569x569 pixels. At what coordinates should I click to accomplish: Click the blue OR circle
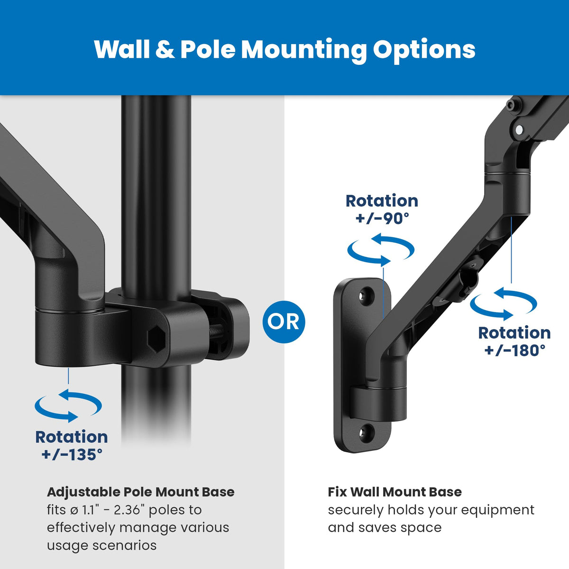(284, 322)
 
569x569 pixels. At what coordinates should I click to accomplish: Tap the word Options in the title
(424, 50)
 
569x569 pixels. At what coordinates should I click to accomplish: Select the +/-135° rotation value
(72, 454)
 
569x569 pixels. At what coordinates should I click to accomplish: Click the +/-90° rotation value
(382, 218)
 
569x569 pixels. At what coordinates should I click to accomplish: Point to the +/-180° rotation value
(514, 350)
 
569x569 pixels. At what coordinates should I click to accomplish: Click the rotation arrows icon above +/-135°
(68, 406)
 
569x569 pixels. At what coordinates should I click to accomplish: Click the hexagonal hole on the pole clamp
(156, 338)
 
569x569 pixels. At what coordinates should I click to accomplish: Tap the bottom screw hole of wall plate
(366, 431)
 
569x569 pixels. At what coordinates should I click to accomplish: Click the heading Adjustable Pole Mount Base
(141, 492)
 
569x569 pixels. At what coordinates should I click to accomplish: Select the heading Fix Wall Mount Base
(395, 492)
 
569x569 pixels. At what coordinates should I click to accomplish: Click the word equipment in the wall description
(497, 510)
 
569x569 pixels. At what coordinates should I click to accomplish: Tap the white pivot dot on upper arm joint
(520, 129)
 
